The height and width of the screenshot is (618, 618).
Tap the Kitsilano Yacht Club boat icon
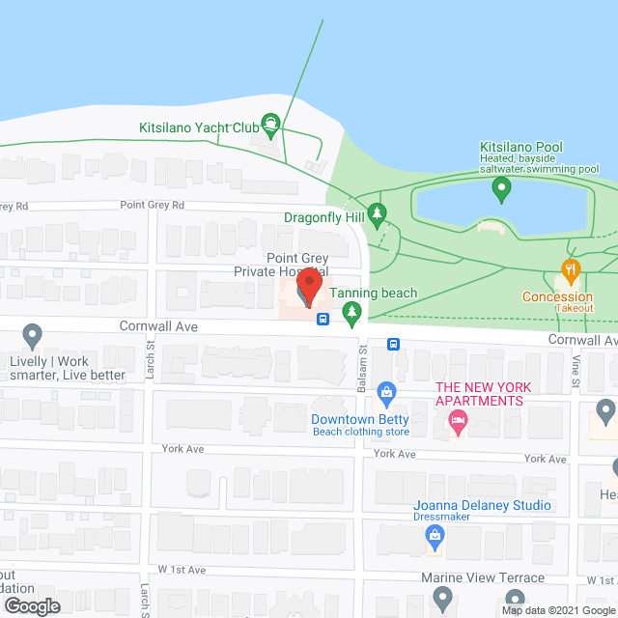click(x=272, y=124)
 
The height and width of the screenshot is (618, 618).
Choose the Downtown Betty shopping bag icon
click(x=386, y=392)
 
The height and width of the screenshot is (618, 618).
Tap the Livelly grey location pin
click(x=32, y=335)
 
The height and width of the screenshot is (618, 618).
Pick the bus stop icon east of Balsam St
click(x=394, y=344)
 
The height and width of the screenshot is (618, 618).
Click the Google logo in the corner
click(x=32, y=606)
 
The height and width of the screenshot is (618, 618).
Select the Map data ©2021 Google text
click(x=557, y=610)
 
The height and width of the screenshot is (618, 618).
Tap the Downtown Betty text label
click(x=360, y=419)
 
